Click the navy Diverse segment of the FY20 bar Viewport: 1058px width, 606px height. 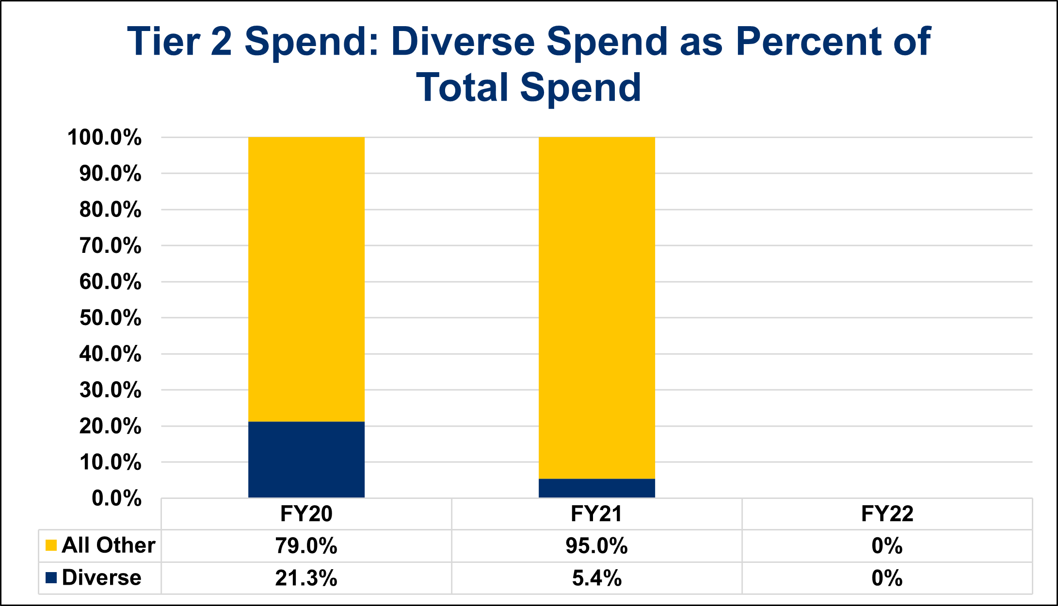(x=306, y=459)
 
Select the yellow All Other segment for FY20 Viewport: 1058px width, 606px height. (x=306, y=279)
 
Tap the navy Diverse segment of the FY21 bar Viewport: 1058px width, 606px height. (x=596, y=488)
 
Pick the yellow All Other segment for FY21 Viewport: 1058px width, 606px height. (x=596, y=308)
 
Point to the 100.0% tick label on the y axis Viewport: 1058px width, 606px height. (x=105, y=138)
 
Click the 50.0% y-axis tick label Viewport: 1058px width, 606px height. (x=111, y=318)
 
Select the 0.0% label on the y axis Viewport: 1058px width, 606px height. (x=116, y=498)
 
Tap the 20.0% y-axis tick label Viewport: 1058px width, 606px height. (x=111, y=427)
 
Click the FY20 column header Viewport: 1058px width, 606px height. (x=306, y=514)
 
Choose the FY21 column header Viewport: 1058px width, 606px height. (x=596, y=514)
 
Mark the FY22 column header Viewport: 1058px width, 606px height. (x=887, y=514)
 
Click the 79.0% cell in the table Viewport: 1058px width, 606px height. (x=306, y=546)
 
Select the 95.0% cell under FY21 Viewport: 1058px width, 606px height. (x=596, y=546)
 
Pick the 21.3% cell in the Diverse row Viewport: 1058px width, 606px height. (x=306, y=578)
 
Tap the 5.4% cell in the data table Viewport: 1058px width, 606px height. (x=596, y=578)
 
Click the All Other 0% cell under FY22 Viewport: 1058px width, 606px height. (x=887, y=546)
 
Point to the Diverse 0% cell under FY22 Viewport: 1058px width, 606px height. (x=887, y=578)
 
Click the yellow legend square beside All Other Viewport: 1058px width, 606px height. (x=51, y=545)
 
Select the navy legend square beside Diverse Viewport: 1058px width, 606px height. (x=51, y=577)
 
